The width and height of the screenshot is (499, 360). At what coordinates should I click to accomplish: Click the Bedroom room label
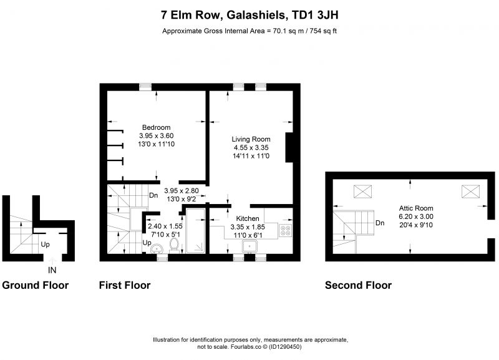pyautogui.click(x=157, y=127)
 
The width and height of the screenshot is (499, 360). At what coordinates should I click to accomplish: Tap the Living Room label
pyautogui.click(x=251, y=139)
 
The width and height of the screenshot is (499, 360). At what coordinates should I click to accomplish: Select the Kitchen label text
pyautogui.click(x=247, y=218)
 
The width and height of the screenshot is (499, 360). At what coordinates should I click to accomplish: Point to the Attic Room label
pyautogui.click(x=416, y=208)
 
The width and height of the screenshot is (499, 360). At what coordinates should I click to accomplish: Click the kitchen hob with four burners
pyautogui.click(x=285, y=230)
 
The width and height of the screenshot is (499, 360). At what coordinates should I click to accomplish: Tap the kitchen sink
pyautogui.click(x=249, y=246)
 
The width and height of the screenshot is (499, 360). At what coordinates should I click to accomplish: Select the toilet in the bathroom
pyautogui.click(x=174, y=245)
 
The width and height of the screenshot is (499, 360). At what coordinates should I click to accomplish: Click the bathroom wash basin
pyautogui.click(x=157, y=248)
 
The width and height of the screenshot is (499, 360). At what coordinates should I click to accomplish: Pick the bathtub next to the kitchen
pyautogui.click(x=195, y=231)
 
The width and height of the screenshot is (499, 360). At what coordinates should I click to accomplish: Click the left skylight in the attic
pyautogui.click(x=362, y=192)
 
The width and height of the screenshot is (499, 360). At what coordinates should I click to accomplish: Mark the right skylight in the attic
pyautogui.click(x=470, y=192)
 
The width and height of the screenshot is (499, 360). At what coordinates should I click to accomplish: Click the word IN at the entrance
pyautogui.click(x=52, y=270)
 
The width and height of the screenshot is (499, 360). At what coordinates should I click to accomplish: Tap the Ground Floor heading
pyautogui.click(x=36, y=285)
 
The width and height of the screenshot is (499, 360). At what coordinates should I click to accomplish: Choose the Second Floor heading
pyautogui.click(x=358, y=285)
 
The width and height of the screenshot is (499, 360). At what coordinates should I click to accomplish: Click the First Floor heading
pyautogui.click(x=125, y=285)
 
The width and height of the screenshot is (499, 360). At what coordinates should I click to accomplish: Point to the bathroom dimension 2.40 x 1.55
pyautogui.click(x=165, y=226)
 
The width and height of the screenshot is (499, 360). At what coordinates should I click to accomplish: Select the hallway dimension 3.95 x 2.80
pyautogui.click(x=182, y=191)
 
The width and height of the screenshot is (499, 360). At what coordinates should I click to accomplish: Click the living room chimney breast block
pyautogui.click(x=289, y=147)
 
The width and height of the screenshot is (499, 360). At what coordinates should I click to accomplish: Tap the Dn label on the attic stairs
pyautogui.click(x=380, y=223)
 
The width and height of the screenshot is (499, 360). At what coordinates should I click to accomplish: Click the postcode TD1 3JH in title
pyautogui.click(x=315, y=15)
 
